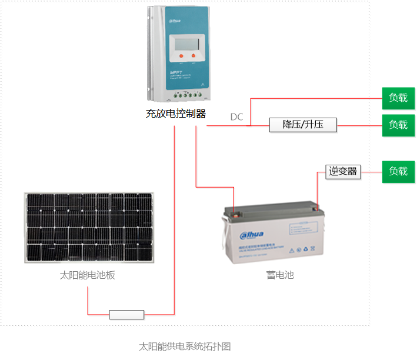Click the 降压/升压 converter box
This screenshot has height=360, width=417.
pyautogui.click(x=303, y=125)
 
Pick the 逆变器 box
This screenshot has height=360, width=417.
pyautogui.click(x=343, y=171)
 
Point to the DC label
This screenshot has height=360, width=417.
pyautogui.click(x=236, y=117)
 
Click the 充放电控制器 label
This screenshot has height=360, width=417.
pyautogui.click(x=176, y=114)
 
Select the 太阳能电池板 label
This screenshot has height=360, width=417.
pyautogui.click(x=88, y=275)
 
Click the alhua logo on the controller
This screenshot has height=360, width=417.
pyautogui.click(x=176, y=21)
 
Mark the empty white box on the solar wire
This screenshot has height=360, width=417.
pyautogui.click(x=126, y=315)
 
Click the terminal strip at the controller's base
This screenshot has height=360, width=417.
pyautogui.click(x=187, y=94)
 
